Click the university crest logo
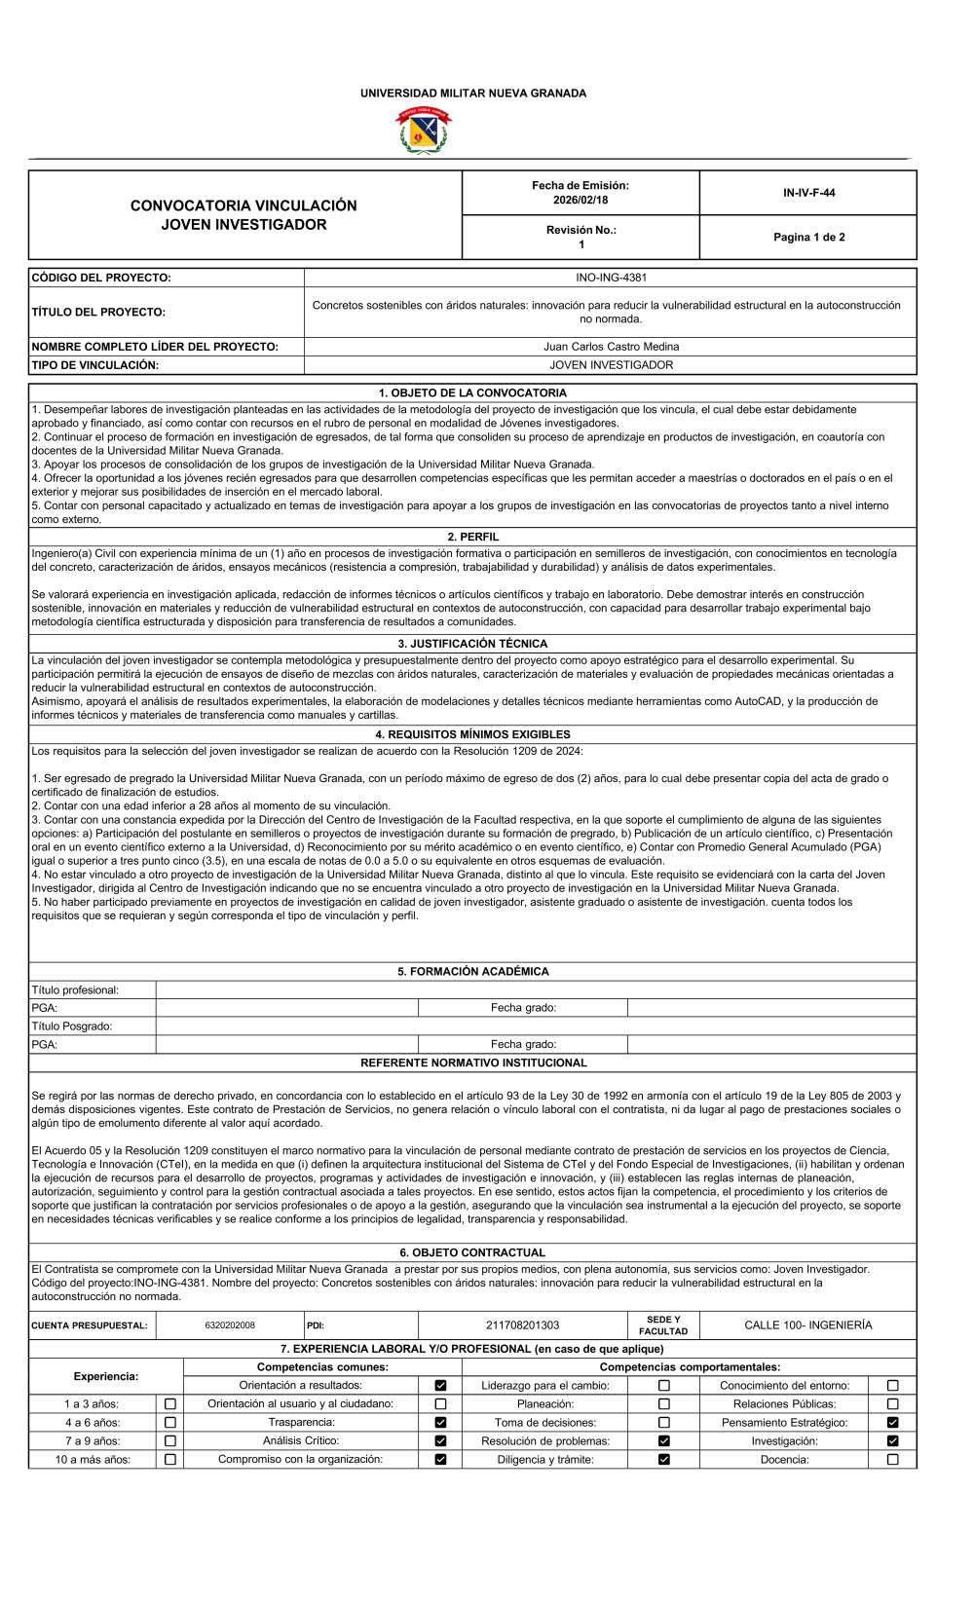tap(423, 131)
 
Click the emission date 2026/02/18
tap(581, 201)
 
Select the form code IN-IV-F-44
tap(808, 193)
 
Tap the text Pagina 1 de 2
tap(808, 238)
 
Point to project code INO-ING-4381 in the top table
tap(611, 278)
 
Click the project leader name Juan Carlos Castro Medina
tap(611, 347)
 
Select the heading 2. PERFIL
tap(472, 537)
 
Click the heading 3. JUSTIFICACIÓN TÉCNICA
tap(472, 644)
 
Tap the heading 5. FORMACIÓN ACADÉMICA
tap(472, 972)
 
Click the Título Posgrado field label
tap(72, 1026)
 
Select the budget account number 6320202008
tap(230, 1325)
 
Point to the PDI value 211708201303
tap(523, 1325)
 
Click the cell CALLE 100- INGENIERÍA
tap(808, 1325)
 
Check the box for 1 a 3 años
tap(170, 1404)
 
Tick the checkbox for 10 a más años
tap(170, 1460)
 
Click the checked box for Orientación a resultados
tap(440, 1386)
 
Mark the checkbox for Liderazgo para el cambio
tap(664, 1386)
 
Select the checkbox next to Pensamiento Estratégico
tap(892, 1423)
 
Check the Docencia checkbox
tap(892, 1460)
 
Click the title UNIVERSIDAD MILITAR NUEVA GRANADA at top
tap(473, 93)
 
